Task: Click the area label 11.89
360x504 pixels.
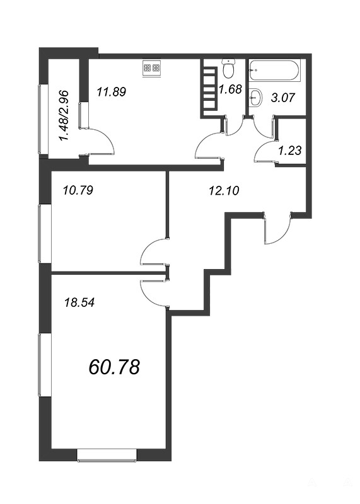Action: coord(112,92)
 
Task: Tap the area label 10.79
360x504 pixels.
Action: coord(78,191)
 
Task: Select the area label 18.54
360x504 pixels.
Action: coord(79,302)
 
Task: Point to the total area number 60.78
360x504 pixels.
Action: coord(114,367)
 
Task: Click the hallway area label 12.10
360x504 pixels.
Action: coord(224,191)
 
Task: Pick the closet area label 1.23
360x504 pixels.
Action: coord(290,151)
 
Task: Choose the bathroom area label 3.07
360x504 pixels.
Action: coord(282,97)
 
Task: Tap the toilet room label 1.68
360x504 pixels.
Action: coord(230,89)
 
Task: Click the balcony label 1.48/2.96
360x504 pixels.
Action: coord(64,116)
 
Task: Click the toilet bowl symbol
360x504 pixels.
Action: coord(229,69)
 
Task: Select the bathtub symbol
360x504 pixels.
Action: coord(275,71)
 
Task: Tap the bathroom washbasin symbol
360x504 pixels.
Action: coord(256,96)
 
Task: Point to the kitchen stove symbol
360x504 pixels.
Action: coord(151,68)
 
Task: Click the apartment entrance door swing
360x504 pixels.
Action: coord(277,228)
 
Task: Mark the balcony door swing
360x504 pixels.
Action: coord(100,140)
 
